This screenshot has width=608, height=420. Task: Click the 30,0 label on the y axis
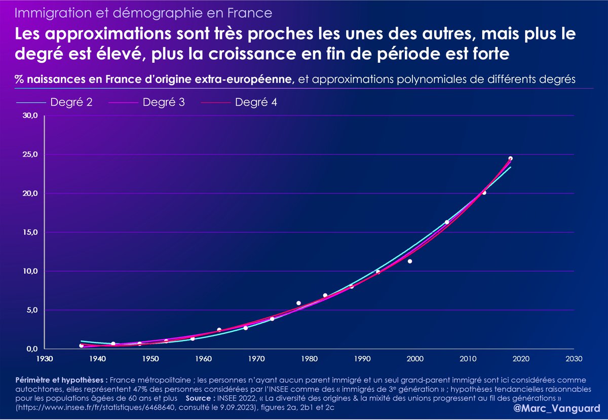click(x=29, y=116)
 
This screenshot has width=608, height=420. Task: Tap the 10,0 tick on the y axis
click(x=29, y=271)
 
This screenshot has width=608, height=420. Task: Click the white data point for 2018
click(x=510, y=159)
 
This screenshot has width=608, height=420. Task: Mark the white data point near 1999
click(x=410, y=261)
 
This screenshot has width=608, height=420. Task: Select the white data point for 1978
click(x=299, y=303)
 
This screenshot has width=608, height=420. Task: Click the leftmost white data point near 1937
click(x=82, y=346)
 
